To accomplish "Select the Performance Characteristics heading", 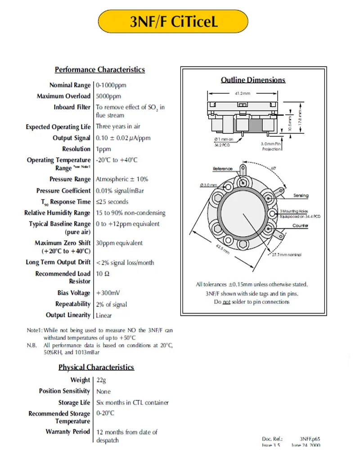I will pyautogui.click(x=99, y=70).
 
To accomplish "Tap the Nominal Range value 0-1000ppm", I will pyautogui.click(x=111, y=85).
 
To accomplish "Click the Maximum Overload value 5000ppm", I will pyautogui.click(x=108, y=96).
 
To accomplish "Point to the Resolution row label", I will pyautogui.click(x=76, y=149).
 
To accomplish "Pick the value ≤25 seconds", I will pyautogui.click(x=112, y=202).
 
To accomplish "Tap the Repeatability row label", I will pyautogui.click(x=73, y=304).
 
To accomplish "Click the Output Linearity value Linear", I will pyautogui.click(x=104, y=315).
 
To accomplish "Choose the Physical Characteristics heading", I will pyautogui.click(x=96, y=367).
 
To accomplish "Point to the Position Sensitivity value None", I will pyautogui.click(x=103, y=391).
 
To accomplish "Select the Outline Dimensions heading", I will pyautogui.click(x=253, y=80).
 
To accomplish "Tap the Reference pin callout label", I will pyautogui.click(x=223, y=169).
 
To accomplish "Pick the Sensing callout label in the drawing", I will pyautogui.click(x=301, y=196).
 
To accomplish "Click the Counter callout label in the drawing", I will pyautogui.click(x=300, y=225).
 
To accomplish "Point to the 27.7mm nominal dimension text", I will pyautogui.click(x=289, y=255).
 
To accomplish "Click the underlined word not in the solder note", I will pyautogui.click(x=227, y=302).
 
